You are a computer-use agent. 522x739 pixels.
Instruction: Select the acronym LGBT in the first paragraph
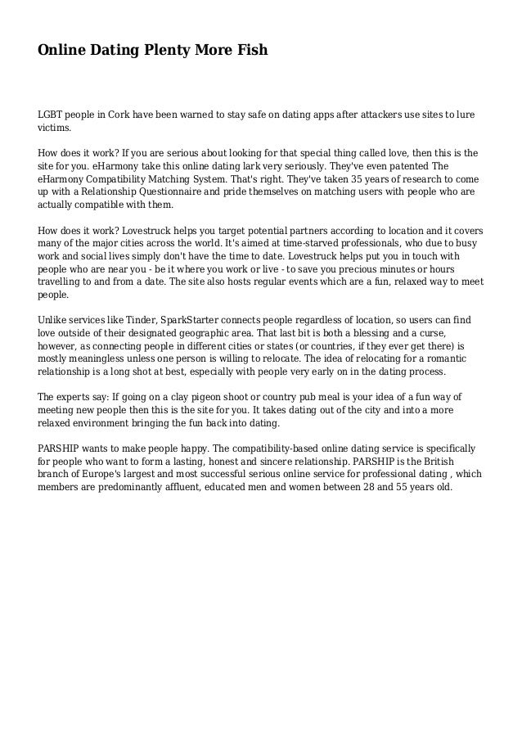pos(51,115)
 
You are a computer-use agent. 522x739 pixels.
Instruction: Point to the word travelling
pos(60,282)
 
